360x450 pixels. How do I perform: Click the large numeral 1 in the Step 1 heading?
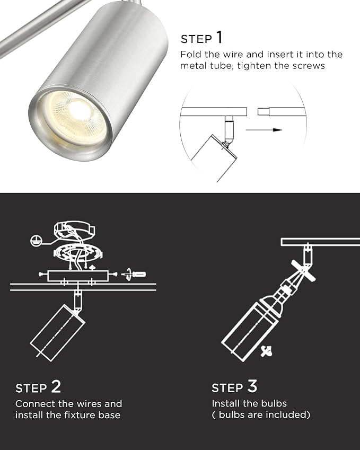(219, 37)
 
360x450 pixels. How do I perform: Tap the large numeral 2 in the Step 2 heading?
(56, 386)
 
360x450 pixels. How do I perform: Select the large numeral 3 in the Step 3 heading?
(252, 386)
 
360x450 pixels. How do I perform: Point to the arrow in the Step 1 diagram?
(264, 130)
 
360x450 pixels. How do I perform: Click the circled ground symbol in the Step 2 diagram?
(37, 240)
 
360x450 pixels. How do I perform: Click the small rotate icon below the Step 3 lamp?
(266, 351)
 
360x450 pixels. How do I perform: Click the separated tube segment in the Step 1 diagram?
(282, 112)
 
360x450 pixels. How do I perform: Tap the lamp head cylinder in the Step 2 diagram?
(57, 333)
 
